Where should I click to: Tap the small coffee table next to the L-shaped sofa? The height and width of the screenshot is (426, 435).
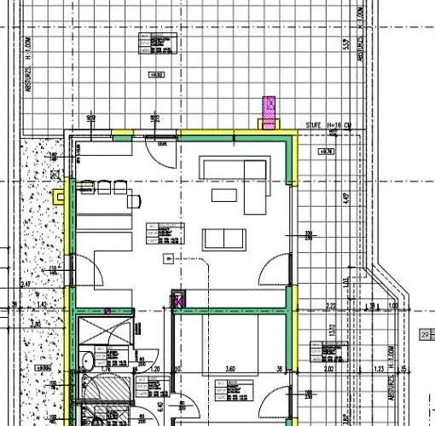(x=224, y=195)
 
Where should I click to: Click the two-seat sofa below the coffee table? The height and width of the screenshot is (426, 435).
(x=223, y=238)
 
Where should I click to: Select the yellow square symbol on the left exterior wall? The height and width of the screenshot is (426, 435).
(x=59, y=195)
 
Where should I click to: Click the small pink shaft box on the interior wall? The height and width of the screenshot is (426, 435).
(x=178, y=299)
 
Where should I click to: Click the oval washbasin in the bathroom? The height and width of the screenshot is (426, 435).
(x=86, y=360)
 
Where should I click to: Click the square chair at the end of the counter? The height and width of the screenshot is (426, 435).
(x=134, y=201)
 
